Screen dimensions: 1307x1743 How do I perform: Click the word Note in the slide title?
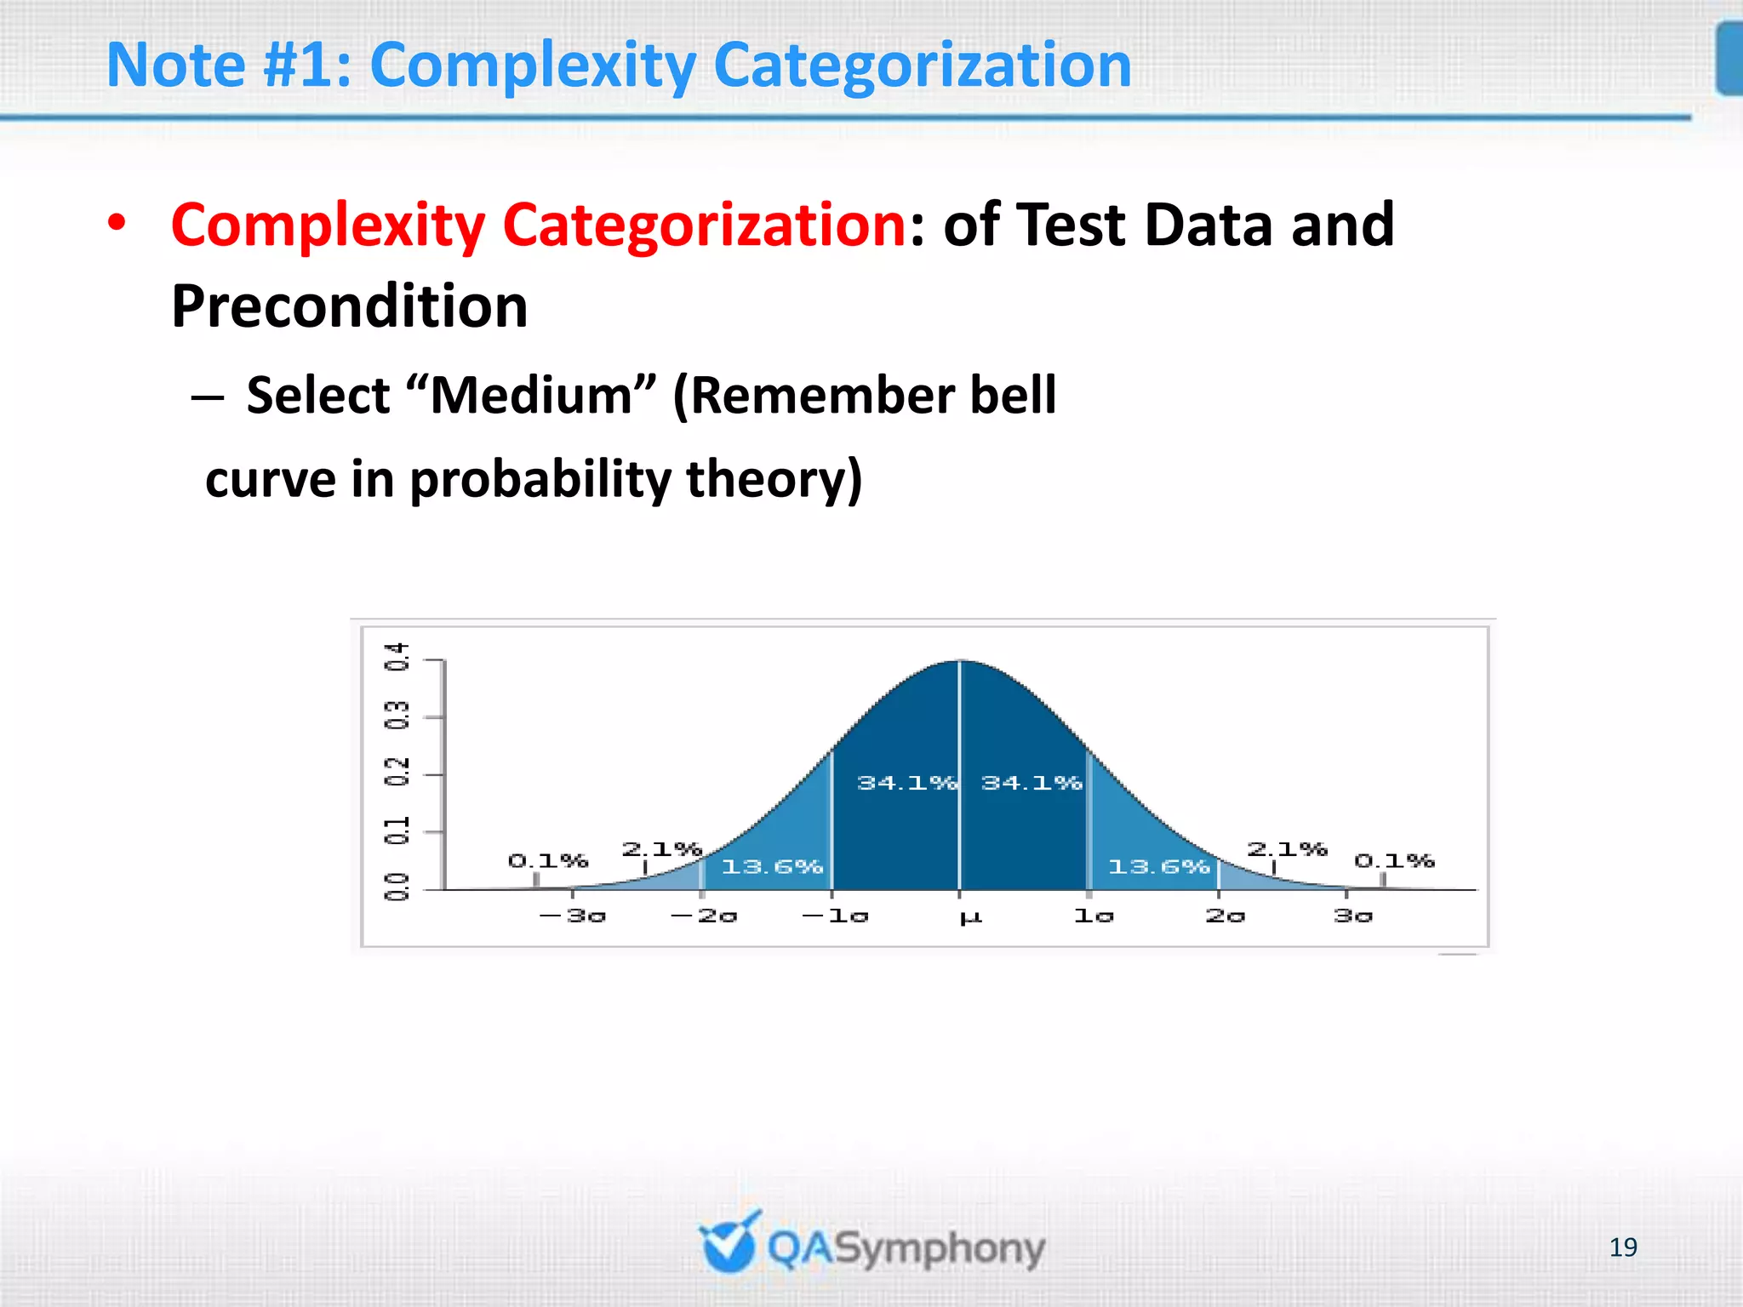pos(175,66)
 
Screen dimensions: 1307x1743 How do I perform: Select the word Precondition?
pos(349,306)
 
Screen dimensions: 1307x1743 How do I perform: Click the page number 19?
pos(1623,1247)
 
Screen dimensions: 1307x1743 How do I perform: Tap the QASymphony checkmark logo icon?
pos(729,1242)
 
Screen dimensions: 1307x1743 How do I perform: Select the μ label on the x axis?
pos(969,917)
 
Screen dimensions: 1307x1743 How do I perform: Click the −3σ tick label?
pos(573,916)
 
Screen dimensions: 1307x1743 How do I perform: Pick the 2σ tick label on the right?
pos(1225,916)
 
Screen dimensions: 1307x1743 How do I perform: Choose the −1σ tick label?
pos(835,916)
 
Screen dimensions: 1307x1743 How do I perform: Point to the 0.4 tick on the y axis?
pos(397,657)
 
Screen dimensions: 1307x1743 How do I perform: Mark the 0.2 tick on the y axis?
pos(397,773)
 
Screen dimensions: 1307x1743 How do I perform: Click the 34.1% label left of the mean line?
pos(906,783)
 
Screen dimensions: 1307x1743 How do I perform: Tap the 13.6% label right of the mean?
pos(1158,867)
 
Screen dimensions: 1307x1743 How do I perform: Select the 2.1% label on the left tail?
pos(661,849)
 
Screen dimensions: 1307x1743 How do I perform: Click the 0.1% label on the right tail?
pos(1394,861)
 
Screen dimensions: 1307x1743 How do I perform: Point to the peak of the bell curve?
pos(960,661)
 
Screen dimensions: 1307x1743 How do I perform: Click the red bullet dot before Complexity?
pos(117,224)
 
